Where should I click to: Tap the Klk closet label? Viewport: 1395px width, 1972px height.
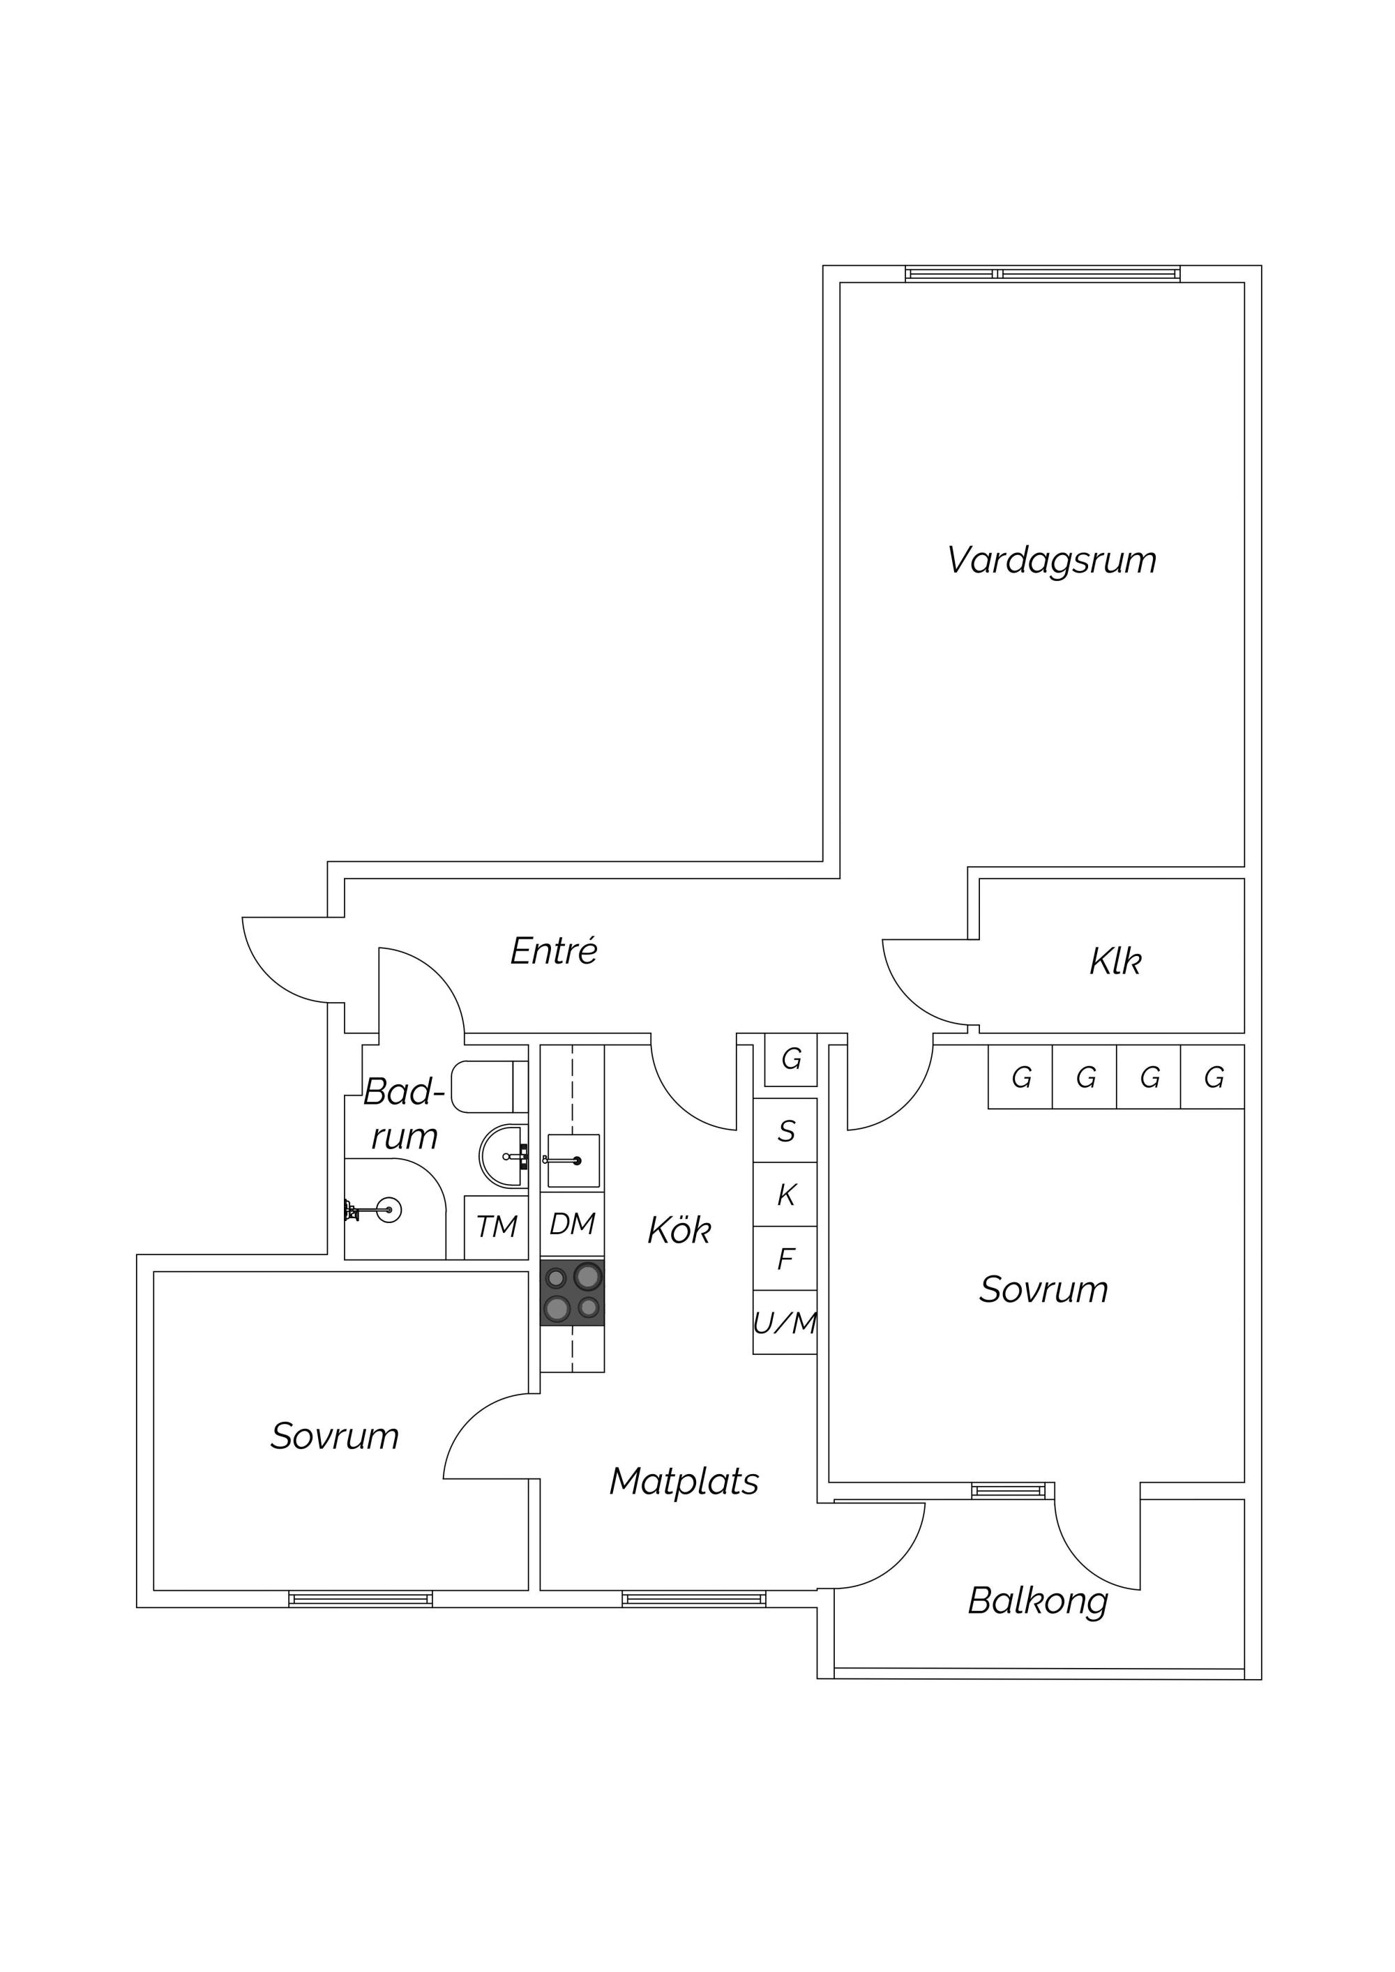pos(1115,962)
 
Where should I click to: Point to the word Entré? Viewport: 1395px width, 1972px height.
pos(554,951)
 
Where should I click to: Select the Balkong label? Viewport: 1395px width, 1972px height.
pos(1038,1601)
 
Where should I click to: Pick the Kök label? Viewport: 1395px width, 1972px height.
pos(679,1230)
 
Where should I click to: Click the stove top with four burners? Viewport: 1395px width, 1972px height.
pos(572,1293)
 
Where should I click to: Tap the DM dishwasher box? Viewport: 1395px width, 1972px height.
pos(572,1224)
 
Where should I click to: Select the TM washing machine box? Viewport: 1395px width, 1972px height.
pos(497,1227)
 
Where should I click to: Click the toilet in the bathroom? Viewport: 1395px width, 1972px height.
pos(489,1087)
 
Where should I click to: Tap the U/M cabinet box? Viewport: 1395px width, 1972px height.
pos(785,1323)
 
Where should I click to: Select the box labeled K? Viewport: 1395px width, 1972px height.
pos(785,1194)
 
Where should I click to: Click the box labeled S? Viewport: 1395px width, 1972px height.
pos(785,1131)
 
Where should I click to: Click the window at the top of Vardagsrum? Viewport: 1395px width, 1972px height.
pos(1043,274)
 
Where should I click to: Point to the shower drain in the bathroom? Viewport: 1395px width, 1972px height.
pos(389,1210)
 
